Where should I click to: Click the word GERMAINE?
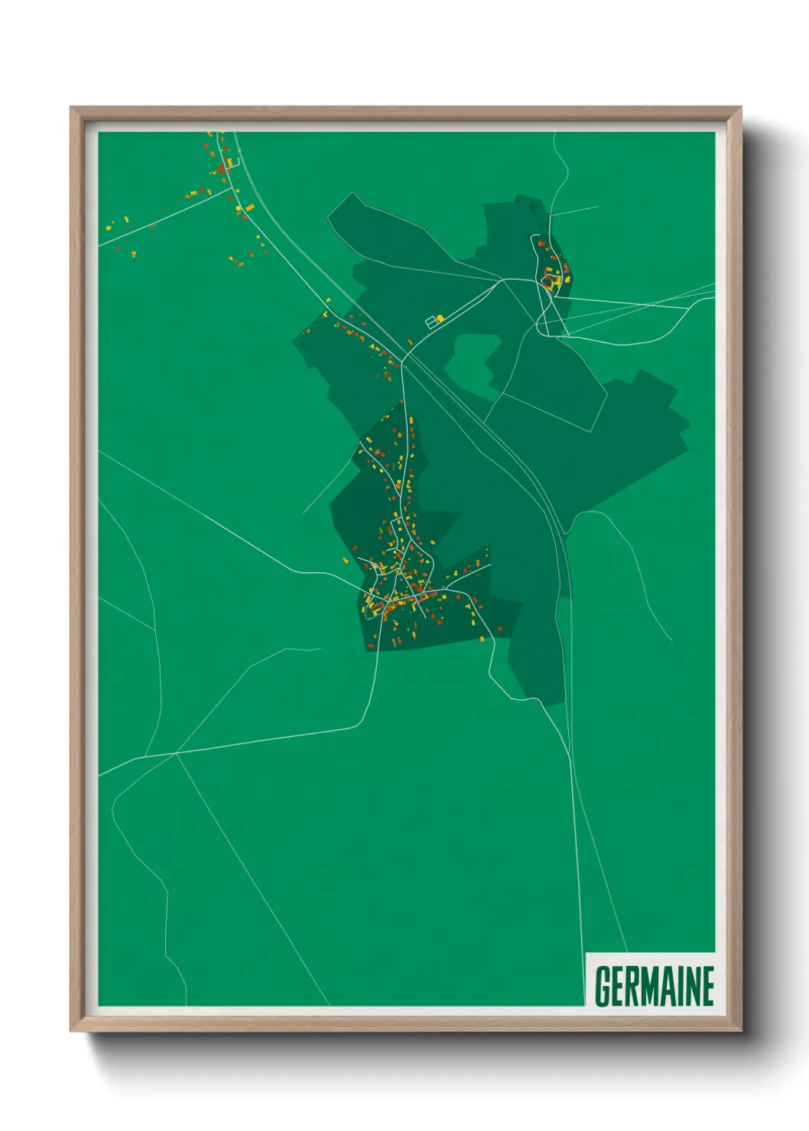click(654, 987)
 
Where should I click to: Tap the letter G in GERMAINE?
click(603, 987)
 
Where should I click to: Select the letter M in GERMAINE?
click(651, 987)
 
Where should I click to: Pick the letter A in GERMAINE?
click(672, 987)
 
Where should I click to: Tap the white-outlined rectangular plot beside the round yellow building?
click(432, 322)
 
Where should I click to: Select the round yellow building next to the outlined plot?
click(440, 318)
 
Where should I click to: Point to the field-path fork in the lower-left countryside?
click(177, 753)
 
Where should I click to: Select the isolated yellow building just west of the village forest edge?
click(346, 561)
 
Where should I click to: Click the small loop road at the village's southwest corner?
click(372, 603)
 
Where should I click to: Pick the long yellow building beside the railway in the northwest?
click(248, 206)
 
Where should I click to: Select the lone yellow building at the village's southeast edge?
click(482, 639)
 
